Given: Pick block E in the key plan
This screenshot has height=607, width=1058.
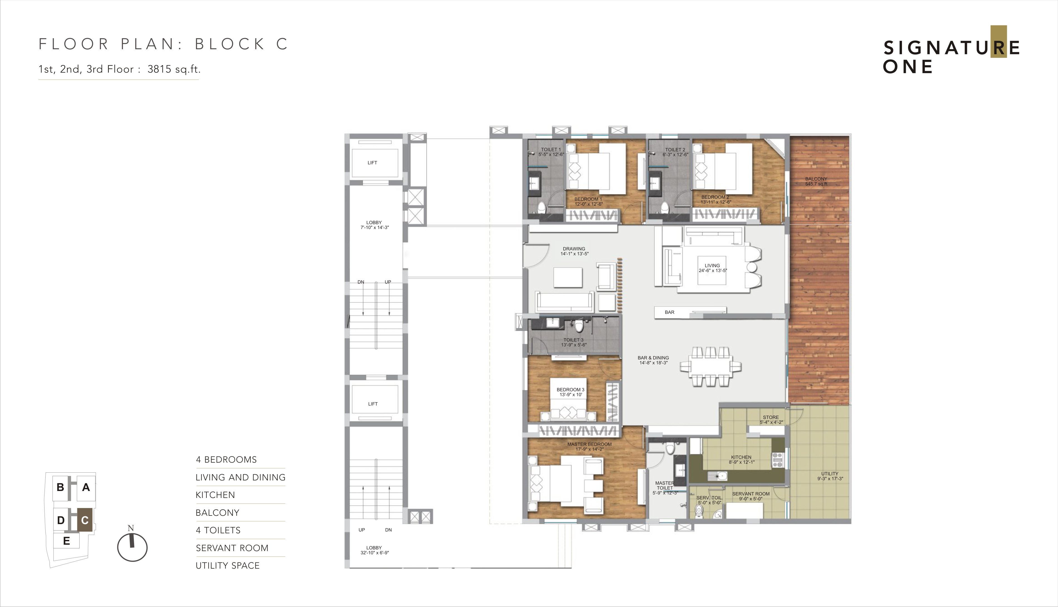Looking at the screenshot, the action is tap(66, 541).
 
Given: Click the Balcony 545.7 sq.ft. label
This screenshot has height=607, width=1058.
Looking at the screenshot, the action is tap(816, 181).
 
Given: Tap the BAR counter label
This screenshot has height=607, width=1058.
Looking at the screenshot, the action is tap(669, 312).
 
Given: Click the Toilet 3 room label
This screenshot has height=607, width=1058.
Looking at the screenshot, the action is tap(574, 342).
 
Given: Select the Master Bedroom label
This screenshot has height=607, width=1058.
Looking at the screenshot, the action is tap(590, 446).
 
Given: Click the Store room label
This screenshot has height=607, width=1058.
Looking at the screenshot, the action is tap(771, 420).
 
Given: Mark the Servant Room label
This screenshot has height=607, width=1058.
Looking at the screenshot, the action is tap(751, 496).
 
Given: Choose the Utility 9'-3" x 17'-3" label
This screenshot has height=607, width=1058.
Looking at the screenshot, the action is tap(830, 476).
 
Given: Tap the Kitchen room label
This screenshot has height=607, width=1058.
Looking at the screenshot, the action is tap(742, 459).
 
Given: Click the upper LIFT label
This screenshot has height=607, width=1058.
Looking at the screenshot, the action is tap(372, 162).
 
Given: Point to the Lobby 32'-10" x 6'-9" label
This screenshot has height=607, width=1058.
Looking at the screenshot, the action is tap(374, 550).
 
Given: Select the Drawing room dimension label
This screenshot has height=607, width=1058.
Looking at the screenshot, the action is tap(574, 253).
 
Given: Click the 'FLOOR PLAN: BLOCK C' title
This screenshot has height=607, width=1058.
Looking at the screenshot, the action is tap(163, 44).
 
